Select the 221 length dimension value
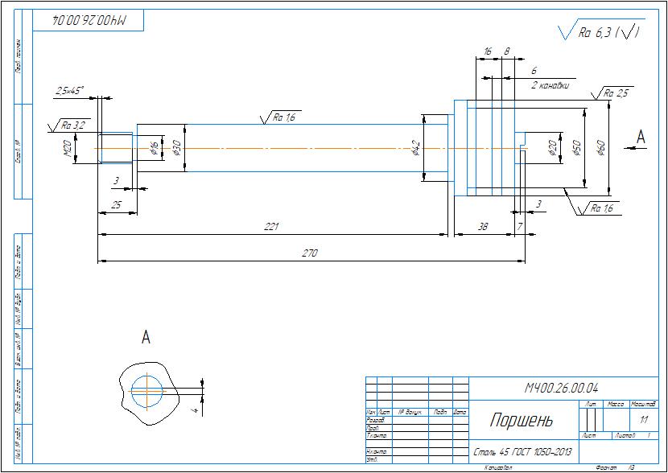(272, 227)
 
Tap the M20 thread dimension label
(68, 146)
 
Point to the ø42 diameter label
(416, 148)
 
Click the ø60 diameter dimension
(600, 148)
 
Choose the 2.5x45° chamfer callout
(70, 92)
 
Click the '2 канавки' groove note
(550, 84)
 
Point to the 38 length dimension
(483, 227)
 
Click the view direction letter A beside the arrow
(641, 137)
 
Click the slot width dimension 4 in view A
(195, 409)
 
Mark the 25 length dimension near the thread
(116, 206)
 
